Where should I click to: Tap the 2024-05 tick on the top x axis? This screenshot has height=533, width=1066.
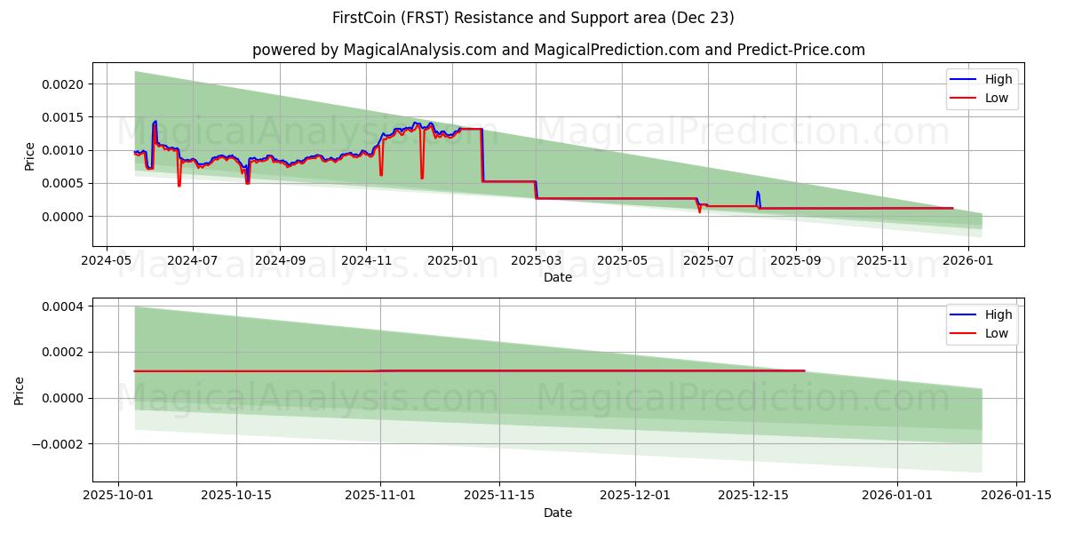(x=107, y=260)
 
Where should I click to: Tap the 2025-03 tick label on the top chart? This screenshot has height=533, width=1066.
(x=536, y=260)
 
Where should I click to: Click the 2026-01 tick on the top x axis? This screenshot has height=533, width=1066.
(x=967, y=260)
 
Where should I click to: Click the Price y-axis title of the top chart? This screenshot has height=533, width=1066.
(x=30, y=156)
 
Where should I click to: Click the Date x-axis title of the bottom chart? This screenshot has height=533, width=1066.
(x=558, y=513)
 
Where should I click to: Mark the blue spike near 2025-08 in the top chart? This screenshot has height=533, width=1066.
(x=758, y=192)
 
